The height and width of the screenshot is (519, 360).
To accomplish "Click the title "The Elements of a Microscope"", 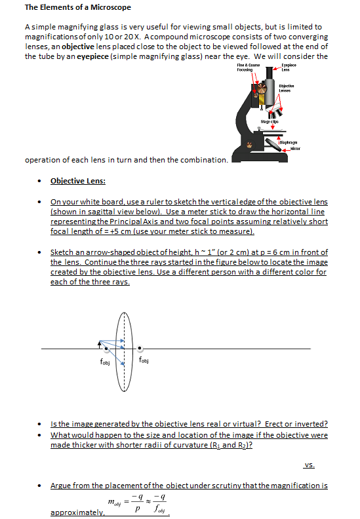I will tap(77, 8).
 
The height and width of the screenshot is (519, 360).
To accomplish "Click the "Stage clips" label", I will tap(269, 122).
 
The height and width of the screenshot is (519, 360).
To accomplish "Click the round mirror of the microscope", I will tap(249, 144).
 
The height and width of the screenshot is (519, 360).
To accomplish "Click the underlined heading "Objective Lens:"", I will tap(78, 181).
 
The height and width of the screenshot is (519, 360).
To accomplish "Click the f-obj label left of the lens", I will tap(104, 358).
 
